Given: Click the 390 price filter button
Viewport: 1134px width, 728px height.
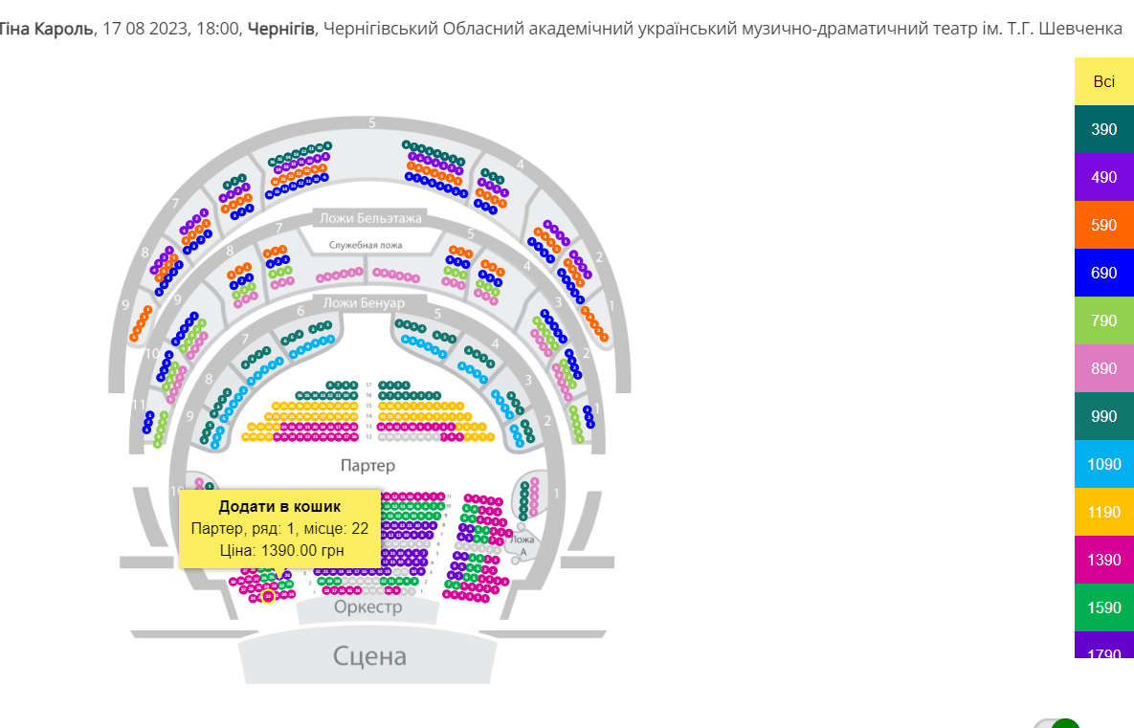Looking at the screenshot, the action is pos(1103,129).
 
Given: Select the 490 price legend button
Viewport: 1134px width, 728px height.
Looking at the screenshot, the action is pos(1103,177).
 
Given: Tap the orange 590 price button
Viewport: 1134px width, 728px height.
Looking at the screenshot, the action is pos(1103,225).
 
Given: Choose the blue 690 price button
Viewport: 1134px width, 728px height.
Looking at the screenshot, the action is pos(1103,273).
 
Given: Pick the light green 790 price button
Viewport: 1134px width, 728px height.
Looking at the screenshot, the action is pos(1103,320).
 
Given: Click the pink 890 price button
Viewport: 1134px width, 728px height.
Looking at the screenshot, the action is pos(1103,368).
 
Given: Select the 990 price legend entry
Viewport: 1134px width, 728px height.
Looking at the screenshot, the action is pos(1103,416).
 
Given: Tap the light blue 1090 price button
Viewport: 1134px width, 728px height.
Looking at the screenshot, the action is pos(1103,464).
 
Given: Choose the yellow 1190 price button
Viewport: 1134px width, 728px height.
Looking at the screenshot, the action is pos(1103,512).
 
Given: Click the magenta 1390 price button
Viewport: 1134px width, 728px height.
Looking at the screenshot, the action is pos(1103,560).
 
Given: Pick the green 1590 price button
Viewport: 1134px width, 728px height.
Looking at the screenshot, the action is pos(1103,607).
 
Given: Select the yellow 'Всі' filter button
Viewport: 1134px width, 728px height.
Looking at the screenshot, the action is pos(1103,81).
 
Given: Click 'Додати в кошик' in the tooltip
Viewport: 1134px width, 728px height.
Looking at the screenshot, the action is pos(279,506).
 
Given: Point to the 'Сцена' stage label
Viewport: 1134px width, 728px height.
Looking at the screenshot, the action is pos(369,656).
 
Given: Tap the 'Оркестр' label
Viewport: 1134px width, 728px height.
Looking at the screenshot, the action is pos(368,607).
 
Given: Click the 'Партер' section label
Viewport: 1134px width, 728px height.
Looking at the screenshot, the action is pos(367,466).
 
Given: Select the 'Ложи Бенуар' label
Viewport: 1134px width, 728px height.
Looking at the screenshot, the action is pos(364,303).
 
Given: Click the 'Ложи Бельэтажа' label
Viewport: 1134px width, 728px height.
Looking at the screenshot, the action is pos(370,218).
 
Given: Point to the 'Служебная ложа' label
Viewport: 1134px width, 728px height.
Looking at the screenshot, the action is pos(366,245).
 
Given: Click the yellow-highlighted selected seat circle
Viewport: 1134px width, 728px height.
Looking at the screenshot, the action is pos(268,596).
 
